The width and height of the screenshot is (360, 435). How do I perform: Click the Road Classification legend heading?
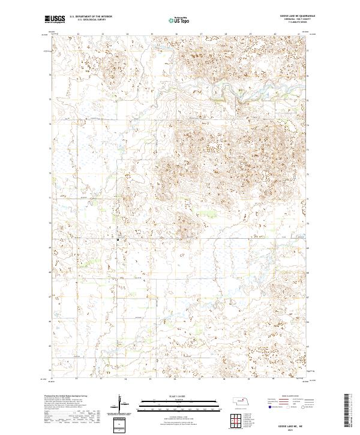288,397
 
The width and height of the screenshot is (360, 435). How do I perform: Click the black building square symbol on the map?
118,240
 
